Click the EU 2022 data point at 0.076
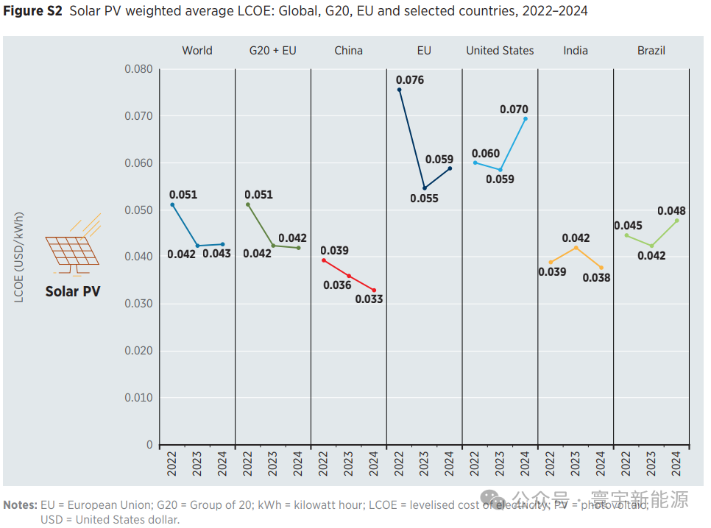[400, 90]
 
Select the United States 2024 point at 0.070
[525, 118]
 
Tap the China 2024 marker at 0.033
[374, 290]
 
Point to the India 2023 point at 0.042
[576, 248]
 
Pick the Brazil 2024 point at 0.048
[677, 221]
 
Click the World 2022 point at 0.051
[172, 204]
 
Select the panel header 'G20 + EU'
[273, 51]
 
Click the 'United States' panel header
[500, 51]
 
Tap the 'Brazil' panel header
[651, 51]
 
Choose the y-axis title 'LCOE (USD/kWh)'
[20, 257]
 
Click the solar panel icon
[73, 246]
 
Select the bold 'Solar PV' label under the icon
[73, 291]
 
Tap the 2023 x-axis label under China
[348, 465]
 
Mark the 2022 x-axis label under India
[551, 465]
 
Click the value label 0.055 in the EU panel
[424, 199]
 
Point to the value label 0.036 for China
[337, 285]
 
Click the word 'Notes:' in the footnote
[21, 505]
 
